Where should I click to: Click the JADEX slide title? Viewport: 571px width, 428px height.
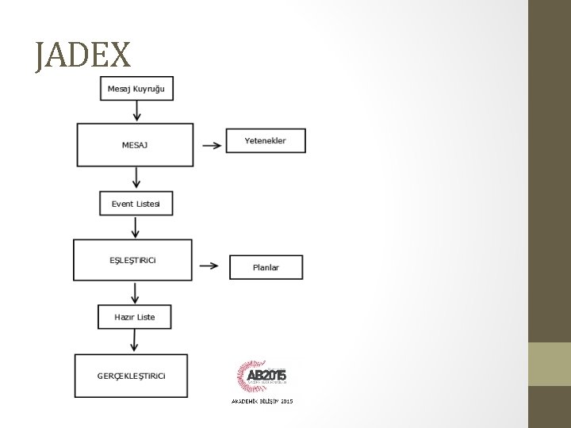pos(82,55)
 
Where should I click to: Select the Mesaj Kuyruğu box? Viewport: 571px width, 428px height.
pos(136,88)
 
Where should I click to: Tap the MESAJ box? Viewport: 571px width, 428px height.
pos(135,144)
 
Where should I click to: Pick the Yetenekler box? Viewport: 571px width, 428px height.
pos(265,140)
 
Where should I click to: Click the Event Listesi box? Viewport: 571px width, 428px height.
pos(136,204)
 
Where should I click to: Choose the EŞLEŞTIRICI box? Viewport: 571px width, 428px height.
pos(132,260)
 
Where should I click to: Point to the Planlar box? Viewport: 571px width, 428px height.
pos(266,267)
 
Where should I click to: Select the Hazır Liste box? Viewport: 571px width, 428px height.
pos(134,317)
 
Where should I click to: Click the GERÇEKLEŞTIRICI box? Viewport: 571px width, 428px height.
pos(131,376)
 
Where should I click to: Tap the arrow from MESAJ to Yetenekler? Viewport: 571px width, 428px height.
pos(211,145)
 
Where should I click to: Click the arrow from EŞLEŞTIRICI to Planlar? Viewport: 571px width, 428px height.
pos(209,266)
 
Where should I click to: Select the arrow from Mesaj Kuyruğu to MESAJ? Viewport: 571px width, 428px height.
pos(137,111)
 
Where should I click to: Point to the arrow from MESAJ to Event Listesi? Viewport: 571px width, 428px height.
pos(137,178)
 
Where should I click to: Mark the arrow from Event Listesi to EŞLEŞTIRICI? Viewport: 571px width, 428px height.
pos(136,227)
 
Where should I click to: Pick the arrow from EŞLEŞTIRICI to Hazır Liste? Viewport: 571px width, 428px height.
pos(135,292)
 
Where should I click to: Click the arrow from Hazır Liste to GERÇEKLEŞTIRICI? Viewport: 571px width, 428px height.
pos(134,341)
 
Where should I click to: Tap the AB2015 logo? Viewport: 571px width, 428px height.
pos(262,376)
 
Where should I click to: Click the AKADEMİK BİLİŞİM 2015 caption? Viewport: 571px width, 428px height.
pos(262,402)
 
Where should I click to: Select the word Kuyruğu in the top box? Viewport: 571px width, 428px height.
pos(150,88)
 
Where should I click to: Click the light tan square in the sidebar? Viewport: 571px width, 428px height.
pos(550,364)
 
